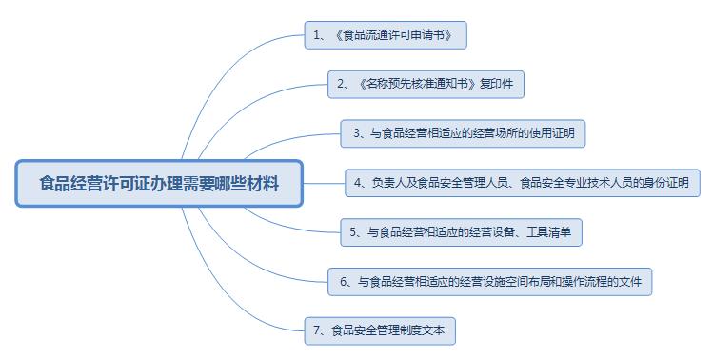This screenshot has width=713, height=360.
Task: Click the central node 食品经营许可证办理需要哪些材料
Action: [x=159, y=182]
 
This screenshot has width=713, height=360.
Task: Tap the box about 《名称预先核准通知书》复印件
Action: [x=426, y=84]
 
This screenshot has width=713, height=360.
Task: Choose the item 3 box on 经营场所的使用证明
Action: [x=463, y=133]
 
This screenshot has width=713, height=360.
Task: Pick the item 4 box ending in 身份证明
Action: [x=523, y=182]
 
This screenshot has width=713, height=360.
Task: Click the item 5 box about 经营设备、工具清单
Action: [x=460, y=230]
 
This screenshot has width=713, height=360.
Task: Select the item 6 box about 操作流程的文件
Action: [x=490, y=282]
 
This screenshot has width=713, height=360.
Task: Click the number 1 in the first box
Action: [x=316, y=36]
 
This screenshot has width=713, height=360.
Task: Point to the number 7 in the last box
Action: [x=316, y=331]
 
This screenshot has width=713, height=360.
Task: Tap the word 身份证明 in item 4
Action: [x=668, y=183]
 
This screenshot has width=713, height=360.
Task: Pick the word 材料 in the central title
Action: [x=265, y=182]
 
